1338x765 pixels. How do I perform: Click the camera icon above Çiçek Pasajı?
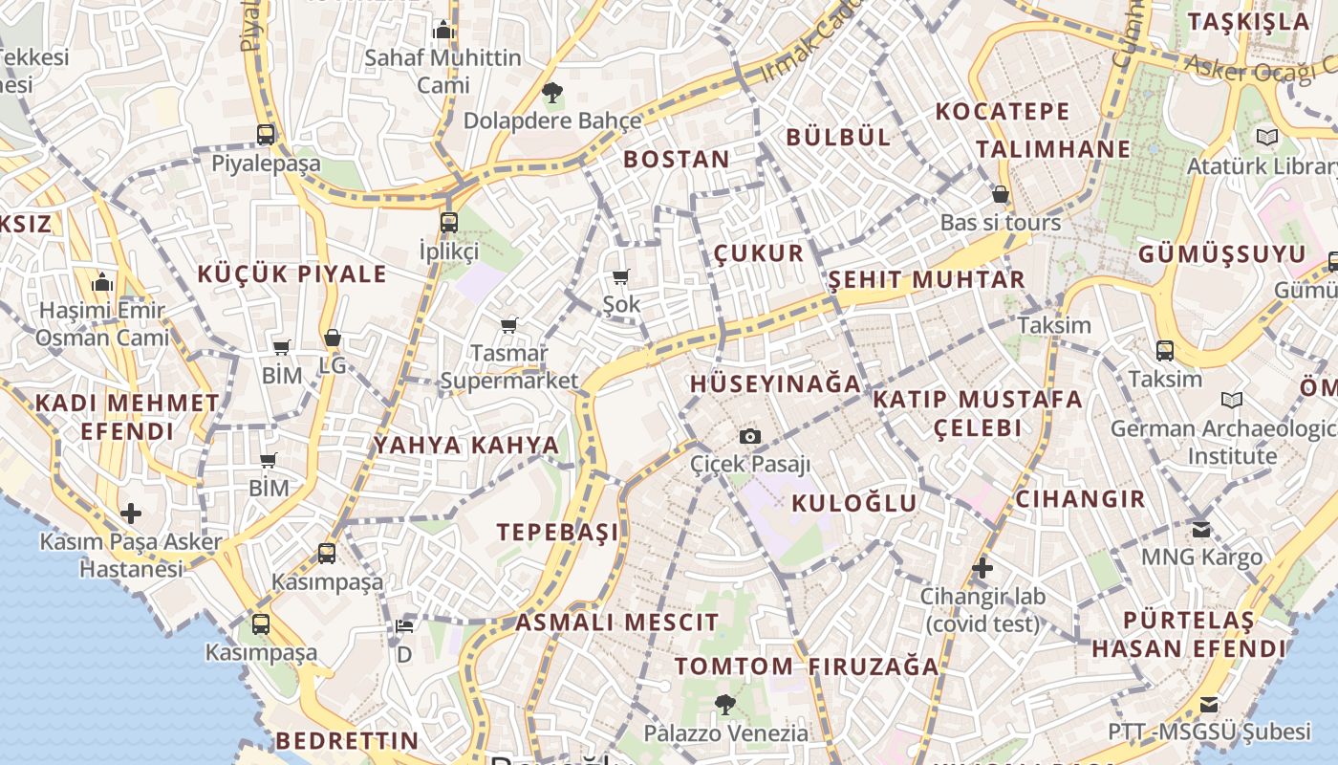click(750, 437)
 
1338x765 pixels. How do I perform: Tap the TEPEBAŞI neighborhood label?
click(557, 532)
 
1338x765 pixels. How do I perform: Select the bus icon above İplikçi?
click(449, 223)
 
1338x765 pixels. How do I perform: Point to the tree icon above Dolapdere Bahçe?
click(551, 93)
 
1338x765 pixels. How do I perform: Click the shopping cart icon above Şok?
click(621, 277)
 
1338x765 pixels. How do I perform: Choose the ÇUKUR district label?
click(759, 253)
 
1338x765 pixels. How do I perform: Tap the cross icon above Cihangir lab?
click(982, 569)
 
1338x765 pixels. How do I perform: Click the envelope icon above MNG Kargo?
click(1201, 528)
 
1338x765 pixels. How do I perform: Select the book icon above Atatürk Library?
click(1266, 138)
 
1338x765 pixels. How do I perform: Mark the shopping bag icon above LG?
click(333, 338)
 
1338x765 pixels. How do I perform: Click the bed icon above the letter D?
click(404, 627)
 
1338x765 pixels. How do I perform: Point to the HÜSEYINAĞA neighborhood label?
click(775, 384)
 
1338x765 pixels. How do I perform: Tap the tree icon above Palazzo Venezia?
click(725, 705)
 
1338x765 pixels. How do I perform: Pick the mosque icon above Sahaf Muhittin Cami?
click(442, 31)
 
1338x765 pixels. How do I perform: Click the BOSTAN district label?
click(677, 160)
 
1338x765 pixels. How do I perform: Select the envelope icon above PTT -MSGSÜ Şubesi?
click(1209, 705)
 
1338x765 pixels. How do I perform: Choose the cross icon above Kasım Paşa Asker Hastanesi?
click(131, 514)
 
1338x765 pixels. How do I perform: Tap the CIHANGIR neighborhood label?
click(1080, 498)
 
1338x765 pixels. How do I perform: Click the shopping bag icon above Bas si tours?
click(1001, 195)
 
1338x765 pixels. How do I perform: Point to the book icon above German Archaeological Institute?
click(1232, 400)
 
